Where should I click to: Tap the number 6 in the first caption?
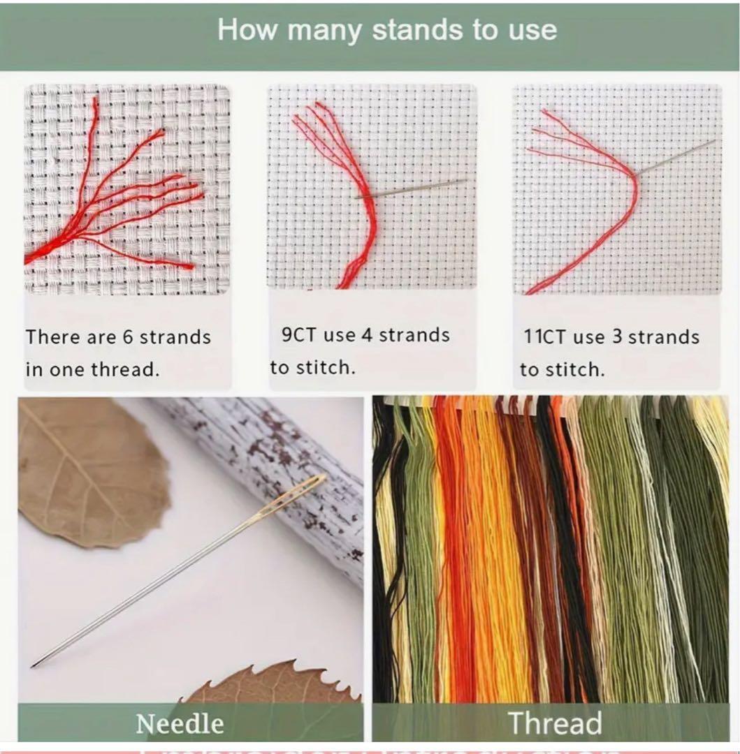point(127,337)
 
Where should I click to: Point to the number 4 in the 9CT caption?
point(367,334)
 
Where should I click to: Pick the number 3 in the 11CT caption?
point(617,337)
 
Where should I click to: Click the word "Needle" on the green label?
point(180,724)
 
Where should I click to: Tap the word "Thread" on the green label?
point(555,723)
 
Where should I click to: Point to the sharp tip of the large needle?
point(32,666)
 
